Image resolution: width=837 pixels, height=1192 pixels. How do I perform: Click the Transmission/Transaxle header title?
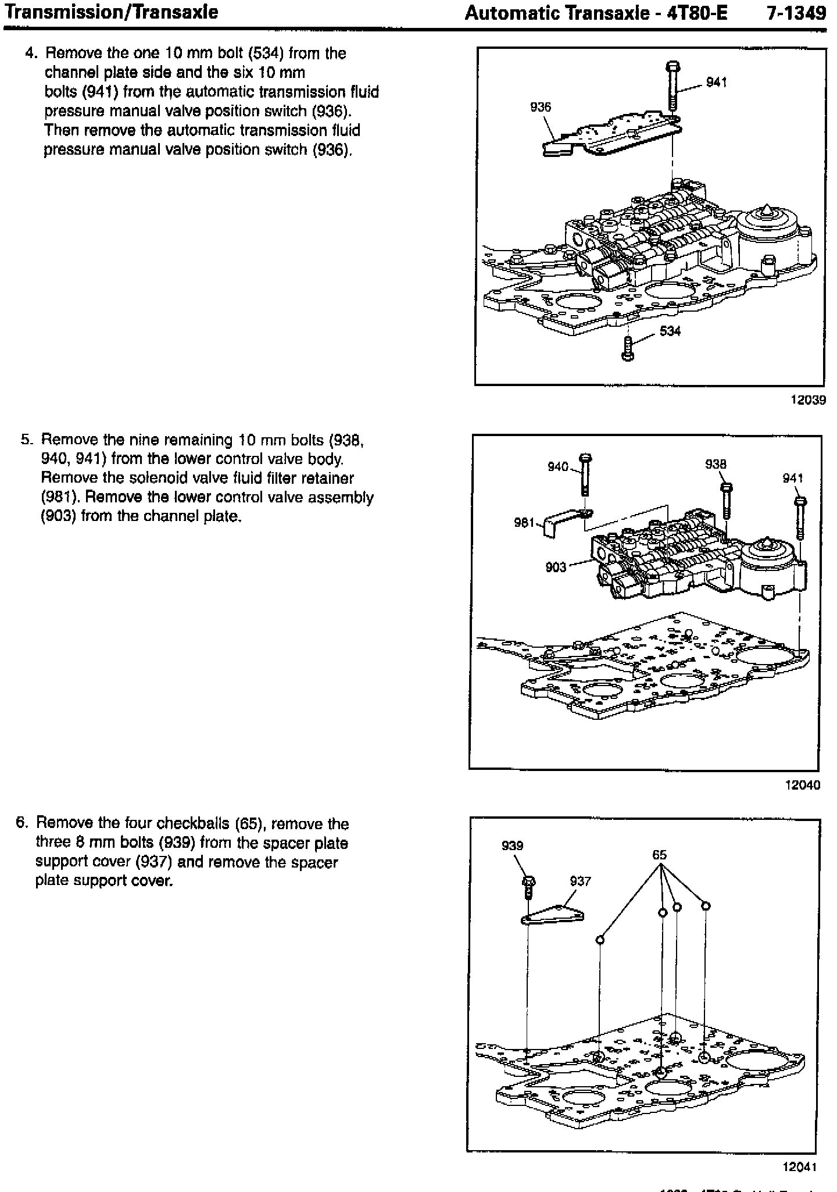(x=111, y=12)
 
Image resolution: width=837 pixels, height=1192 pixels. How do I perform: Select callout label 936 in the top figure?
(x=541, y=107)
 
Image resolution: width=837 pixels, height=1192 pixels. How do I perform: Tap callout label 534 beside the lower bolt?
(x=670, y=331)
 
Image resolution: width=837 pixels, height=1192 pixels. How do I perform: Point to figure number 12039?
(x=807, y=400)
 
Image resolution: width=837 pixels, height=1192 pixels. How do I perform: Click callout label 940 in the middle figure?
(x=558, y=466)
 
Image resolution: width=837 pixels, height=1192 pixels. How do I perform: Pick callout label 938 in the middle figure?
(x=716, y=464)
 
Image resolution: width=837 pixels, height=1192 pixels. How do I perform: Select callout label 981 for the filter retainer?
(x=524, y=523)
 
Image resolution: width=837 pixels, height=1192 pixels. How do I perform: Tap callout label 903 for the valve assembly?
(x=556, y=567)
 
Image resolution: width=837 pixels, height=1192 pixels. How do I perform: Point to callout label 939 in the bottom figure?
(x=512, y=845)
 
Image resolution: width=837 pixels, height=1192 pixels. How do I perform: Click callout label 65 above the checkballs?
(x=659, y=855)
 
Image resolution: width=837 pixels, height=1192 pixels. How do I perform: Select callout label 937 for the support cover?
(x=580, y=881)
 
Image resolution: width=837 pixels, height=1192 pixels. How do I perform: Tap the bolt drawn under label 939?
(x=529, y=888)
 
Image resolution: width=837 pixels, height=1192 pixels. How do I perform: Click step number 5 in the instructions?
(x=26, y=440)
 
